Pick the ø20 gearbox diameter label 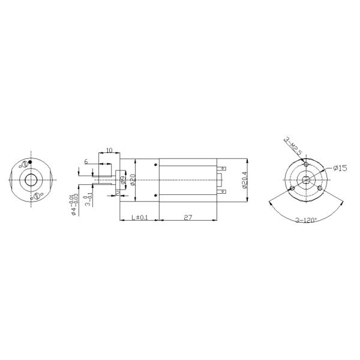pyautogui.click(x=133, y=179)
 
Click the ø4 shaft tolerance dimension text pyautogui.click(x=73, y=204)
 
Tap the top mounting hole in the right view pyautogui.click(x=306, y=164)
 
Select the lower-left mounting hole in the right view pyautogui.click(x=292, y=188)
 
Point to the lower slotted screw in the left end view pyautogui.click(x=37, y=195)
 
